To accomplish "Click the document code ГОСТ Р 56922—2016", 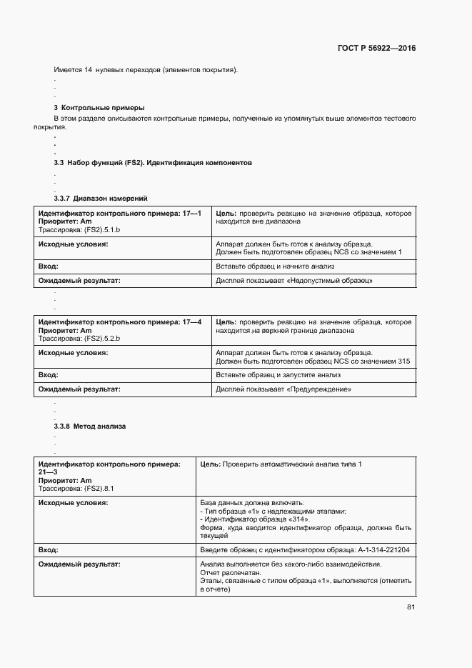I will click(376, 49).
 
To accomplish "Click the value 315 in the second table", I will click(404, 362).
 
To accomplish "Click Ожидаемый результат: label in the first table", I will click(79, 281).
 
